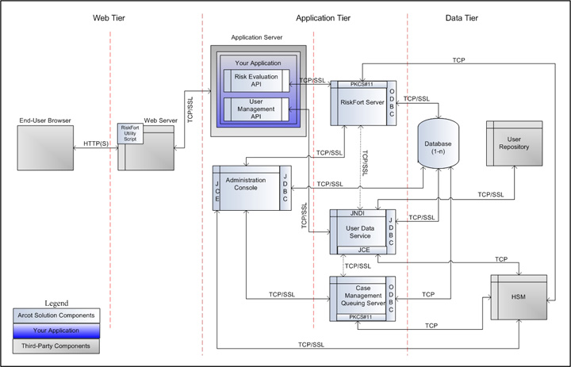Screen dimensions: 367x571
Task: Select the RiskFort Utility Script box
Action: coord(128,133)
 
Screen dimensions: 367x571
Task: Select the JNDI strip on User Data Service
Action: coord(356,214)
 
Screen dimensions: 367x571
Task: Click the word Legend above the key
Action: coord(61,303)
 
